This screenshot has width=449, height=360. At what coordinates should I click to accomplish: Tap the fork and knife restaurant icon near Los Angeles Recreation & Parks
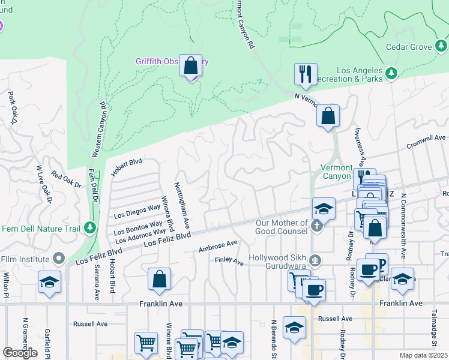(x=305, y=74)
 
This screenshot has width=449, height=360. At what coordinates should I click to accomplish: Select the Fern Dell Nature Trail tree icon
(x=90, y=227)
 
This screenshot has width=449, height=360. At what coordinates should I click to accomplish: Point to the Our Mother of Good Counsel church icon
(x=318, y=226)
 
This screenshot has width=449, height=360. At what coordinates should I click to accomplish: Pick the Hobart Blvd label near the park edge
(x=126, y=167)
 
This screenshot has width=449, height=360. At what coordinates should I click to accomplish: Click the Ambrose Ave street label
(x=218, y=246)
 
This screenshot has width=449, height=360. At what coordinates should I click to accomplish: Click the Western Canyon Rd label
(x=100, y=130)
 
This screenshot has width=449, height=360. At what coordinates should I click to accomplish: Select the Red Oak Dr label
(x=66, y=179)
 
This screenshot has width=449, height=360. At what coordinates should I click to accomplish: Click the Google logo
(x=20, y=353)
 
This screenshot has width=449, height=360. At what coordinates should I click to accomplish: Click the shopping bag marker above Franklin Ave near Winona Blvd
(x=159, y=278)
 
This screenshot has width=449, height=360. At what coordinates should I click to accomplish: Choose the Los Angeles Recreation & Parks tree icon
(x=391, y=73)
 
